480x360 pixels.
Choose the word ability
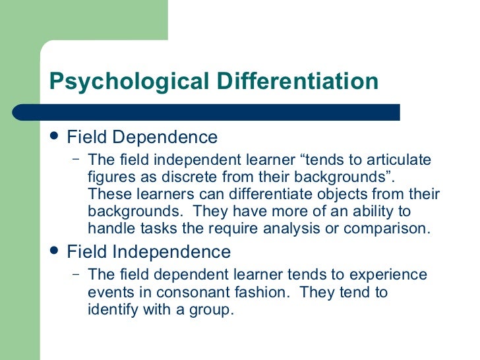(x=369, y=212)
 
